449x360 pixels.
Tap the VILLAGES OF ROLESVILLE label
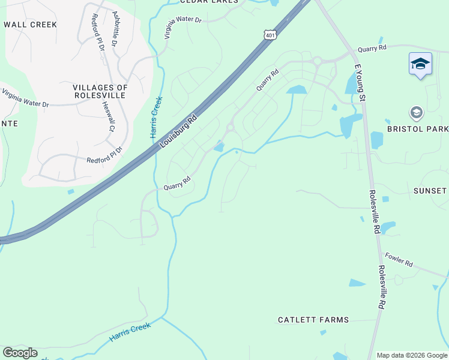pyautogui.click(x=101, y=91)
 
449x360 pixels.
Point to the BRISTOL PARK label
pyautogui.click(x=418, y=129)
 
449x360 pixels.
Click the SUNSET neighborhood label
pyautogui.click(x=430, y=191)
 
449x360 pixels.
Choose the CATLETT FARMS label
pyautogui.click(x=313, y=320)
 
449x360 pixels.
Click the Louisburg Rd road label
pyautogui.click(x=179, y=133)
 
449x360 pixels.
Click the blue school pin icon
pyautogui.click(x=420, y=64)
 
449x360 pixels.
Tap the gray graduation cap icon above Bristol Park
pyautogui.click(x=416, y=112)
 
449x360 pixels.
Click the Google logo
pyautogui.click(x=20, y=353)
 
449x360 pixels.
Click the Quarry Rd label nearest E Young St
pyautogui.click(x=373, y=47)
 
